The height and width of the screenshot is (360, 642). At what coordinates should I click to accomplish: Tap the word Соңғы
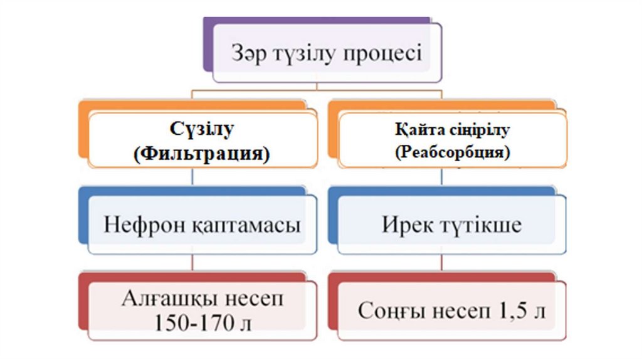387,310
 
